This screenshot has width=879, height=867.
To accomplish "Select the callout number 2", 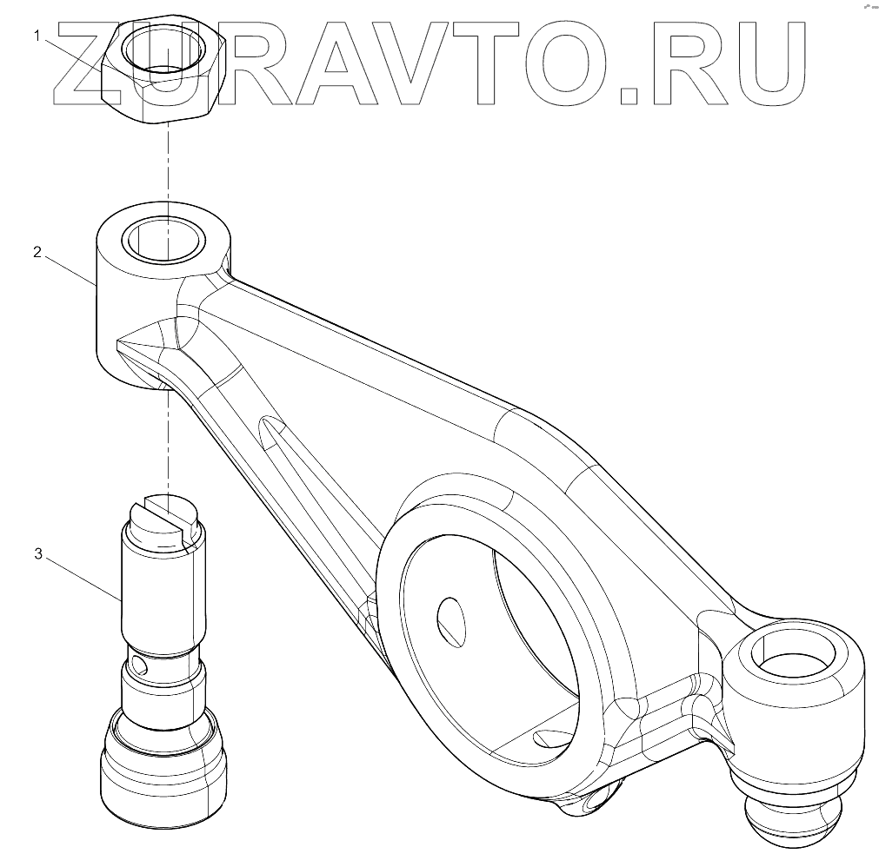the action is point(37,253).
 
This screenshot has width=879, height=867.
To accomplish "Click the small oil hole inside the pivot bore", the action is point(449,619).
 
